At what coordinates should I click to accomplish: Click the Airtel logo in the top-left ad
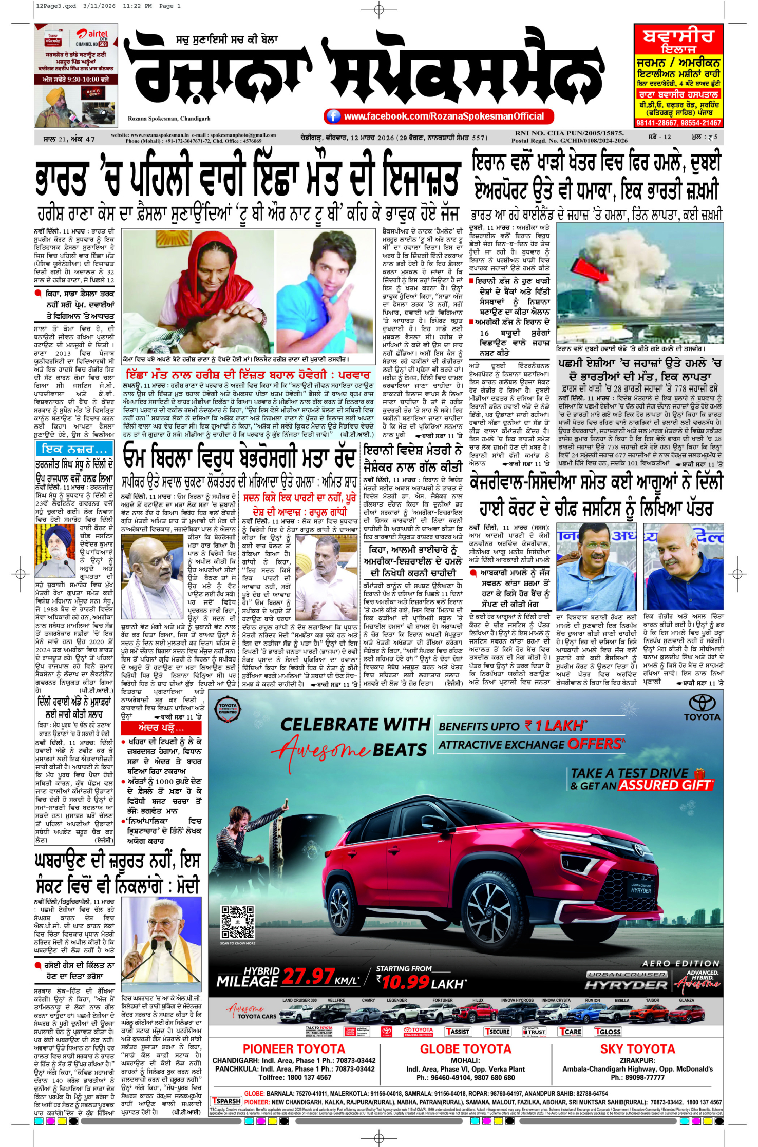(92, 34)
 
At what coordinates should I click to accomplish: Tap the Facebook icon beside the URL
(333, 116)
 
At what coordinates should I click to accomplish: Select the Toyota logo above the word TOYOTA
(702, 703)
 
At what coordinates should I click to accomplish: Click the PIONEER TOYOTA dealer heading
(294, 1049)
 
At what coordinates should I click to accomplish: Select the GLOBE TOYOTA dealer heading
(465, 1049)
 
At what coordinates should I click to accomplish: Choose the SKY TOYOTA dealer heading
(637, 1049)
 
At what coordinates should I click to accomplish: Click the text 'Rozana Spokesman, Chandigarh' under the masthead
(169, 119)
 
